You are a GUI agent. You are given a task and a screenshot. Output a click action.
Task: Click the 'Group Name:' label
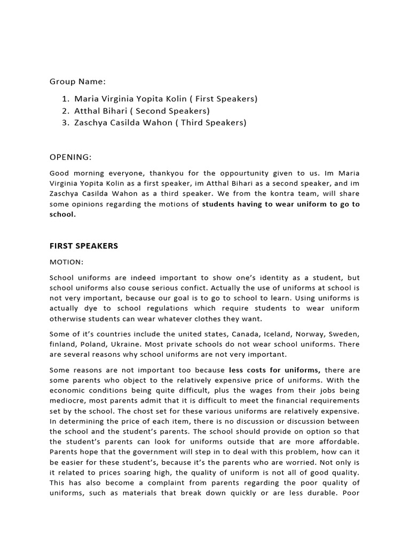[77, 82]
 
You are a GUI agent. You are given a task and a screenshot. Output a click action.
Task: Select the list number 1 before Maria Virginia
[65, 99]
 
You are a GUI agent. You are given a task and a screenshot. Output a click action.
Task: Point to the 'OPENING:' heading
[70, 157]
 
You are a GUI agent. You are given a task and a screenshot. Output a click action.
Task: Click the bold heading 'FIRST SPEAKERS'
[84, 246]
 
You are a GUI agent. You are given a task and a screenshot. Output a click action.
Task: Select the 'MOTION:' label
[67, 262]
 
